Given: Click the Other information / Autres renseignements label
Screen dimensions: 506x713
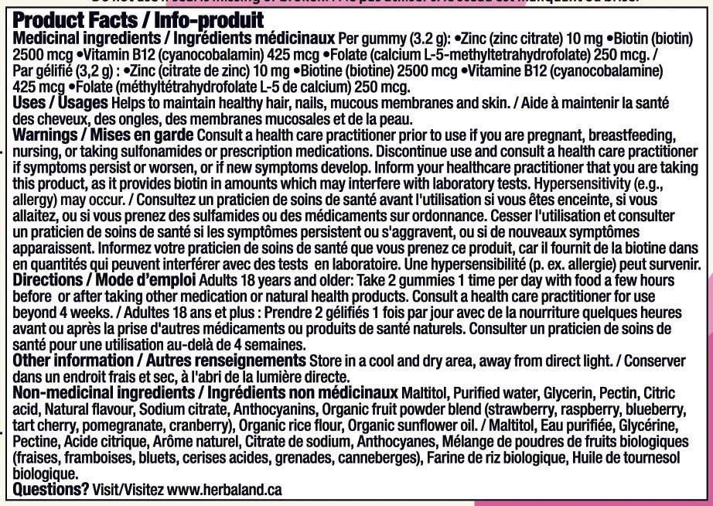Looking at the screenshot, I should point(159,361).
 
